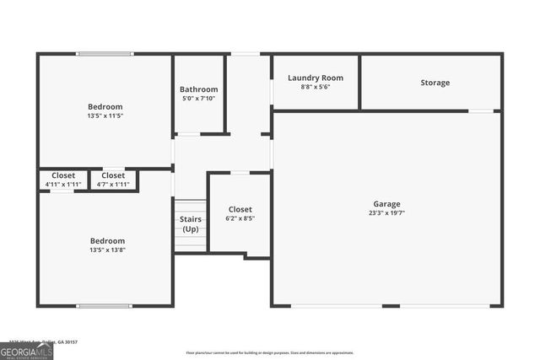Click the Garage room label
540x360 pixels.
387,204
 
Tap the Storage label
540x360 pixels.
435,83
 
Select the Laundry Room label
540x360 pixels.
315,78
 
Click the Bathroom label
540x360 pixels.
198,89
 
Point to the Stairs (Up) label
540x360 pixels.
191,223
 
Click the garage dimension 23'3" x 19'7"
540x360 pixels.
387,213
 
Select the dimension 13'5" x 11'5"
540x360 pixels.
105,116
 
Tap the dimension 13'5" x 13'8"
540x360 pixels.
107,250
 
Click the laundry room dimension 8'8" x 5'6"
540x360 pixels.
315,87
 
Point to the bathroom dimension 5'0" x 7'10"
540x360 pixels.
198,99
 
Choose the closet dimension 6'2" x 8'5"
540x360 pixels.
240,218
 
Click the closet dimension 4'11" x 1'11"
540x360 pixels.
63,184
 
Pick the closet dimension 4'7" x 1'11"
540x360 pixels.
113,184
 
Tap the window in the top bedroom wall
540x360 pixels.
105,55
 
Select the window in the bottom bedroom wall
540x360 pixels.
105,305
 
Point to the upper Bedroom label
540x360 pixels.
105,107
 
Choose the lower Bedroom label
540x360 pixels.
107,240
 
